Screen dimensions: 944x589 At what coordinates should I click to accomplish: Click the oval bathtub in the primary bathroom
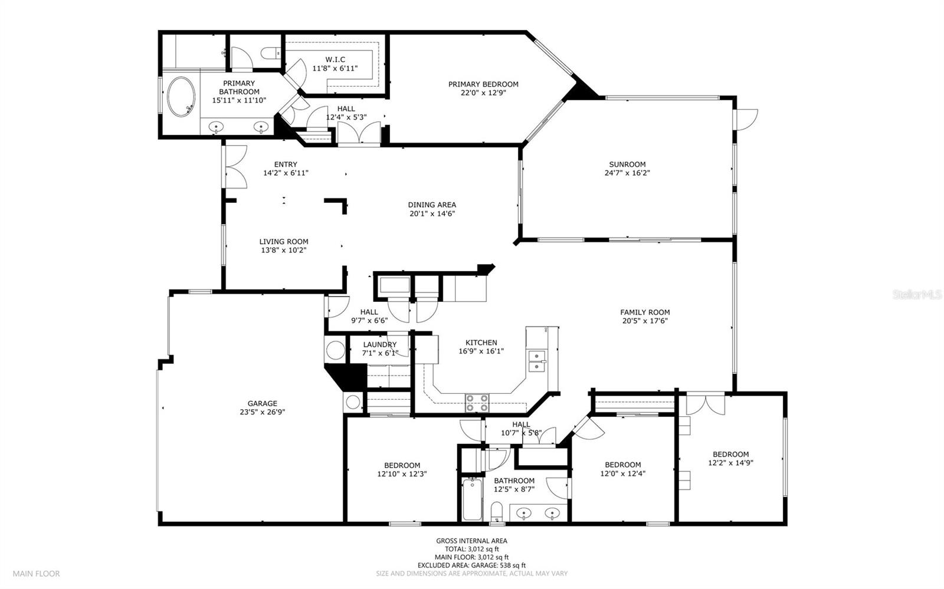tap(181, 97)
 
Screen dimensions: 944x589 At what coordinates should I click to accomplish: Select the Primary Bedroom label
tap(483, 84)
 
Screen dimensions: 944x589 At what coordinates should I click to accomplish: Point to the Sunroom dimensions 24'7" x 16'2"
tap(627, 173)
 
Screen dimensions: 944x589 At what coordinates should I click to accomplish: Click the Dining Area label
tap(432, 205)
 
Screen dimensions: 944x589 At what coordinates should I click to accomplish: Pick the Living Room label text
tap(284, 242)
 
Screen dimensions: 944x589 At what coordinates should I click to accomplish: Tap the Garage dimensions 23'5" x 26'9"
tap(262, 412)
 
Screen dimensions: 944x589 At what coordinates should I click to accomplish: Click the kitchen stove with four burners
tap(477, 403)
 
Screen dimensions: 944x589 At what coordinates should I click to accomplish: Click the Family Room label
tap(645, 312)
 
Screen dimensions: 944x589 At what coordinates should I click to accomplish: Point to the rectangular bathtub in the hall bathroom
tap(472, 499)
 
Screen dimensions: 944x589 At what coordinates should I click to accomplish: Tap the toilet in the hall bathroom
tap(497, 512)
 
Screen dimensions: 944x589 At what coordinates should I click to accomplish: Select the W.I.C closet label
tap(335, 60)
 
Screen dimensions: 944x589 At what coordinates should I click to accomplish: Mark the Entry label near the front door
tap(286, 164)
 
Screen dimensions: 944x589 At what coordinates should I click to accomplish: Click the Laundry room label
tap(380, 345)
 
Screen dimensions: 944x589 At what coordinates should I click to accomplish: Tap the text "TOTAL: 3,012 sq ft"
tap(471, 549)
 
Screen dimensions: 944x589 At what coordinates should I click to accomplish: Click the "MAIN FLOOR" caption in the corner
tap(36, 574)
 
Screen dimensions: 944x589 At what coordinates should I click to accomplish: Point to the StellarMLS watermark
tap(917, 294)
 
